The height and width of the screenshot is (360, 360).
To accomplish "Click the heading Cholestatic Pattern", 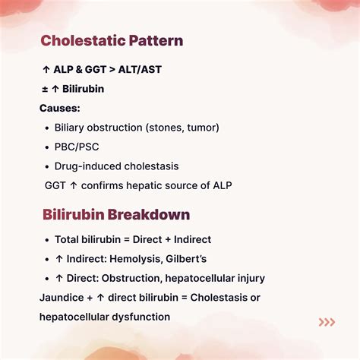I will [x=112, y=40].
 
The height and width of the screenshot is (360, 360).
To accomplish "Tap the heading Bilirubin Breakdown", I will [x=115, y=214].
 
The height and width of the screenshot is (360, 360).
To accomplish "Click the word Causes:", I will [x=59, y=108].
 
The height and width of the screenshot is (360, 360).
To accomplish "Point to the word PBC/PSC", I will [x=76, y=147].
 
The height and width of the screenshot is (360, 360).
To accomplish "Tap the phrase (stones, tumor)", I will [x=179, y=128].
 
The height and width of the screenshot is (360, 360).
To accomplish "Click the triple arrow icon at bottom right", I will [x=327, y=322].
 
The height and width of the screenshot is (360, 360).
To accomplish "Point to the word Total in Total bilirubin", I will [x=68, y=239].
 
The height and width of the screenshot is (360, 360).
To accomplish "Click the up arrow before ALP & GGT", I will [x=46, y=69].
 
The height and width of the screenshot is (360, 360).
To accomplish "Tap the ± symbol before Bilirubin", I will [x=45, y=89].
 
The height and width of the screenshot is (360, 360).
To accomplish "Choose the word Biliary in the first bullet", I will [x=71, y=128].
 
